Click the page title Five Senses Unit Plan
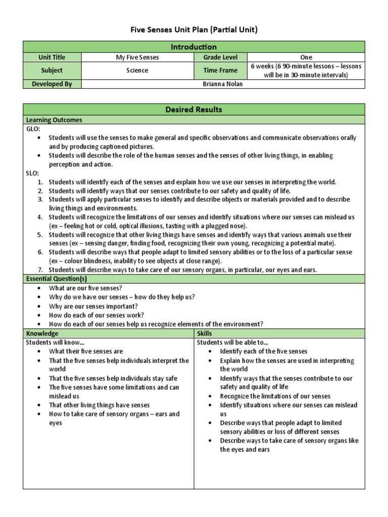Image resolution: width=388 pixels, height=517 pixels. (x=193, y=30)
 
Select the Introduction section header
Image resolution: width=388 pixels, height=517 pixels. (x=193, y=47)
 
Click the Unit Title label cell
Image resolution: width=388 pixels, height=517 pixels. (x=52, y=58)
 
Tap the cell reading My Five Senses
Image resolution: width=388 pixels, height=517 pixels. (x=137, y=58)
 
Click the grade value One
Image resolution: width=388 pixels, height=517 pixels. (x=306, y=58)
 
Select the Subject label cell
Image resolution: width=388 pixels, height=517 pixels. (x=52, y=71)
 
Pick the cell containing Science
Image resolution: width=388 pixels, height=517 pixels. (x=137, y=71)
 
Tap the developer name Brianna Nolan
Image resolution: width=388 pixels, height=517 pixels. (x=222, y=84)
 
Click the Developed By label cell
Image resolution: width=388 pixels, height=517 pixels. (x=52, y=84)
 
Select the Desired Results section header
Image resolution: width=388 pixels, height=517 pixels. (x=193, y=110)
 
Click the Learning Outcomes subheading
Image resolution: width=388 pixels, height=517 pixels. (x=54, y=120)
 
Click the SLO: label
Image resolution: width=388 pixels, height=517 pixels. (x=32, y=173)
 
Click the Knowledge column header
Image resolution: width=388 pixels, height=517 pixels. (x=42, y=334)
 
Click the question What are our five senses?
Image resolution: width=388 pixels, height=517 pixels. (x=85, y=288)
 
